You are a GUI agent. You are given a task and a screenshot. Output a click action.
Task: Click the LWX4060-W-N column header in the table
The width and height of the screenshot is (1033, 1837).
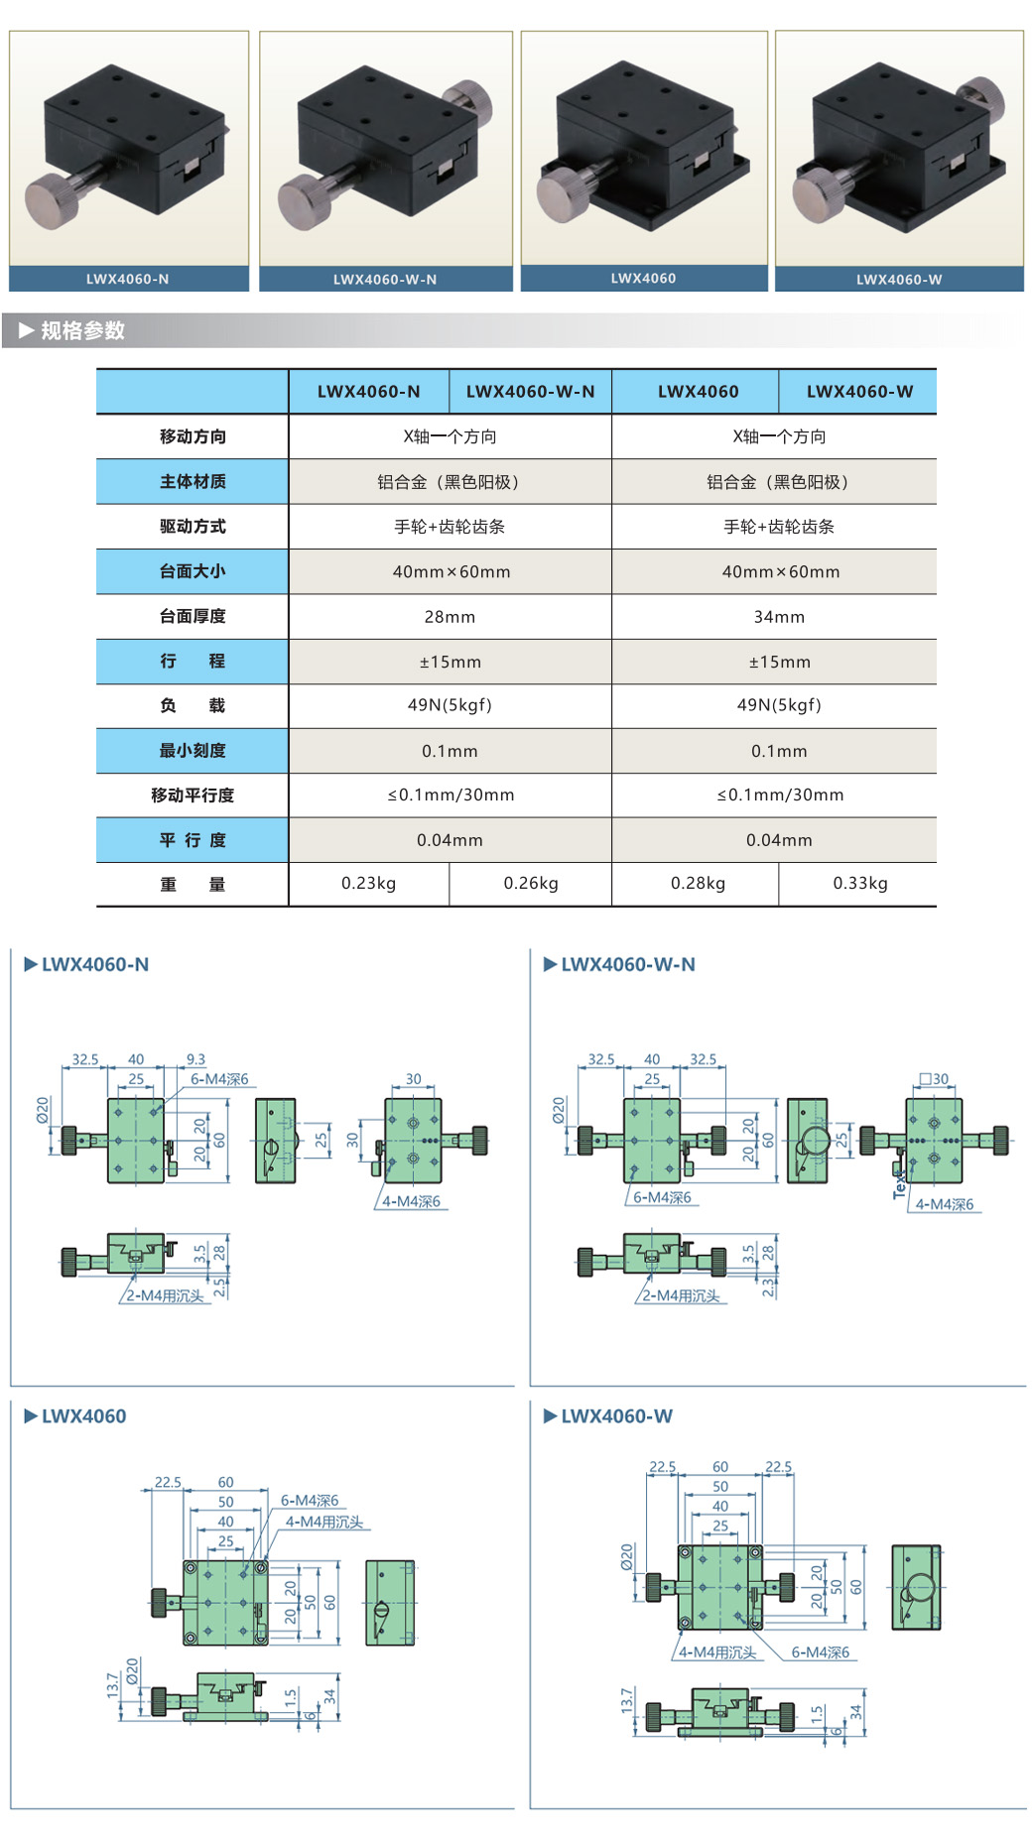[x=530, y=392]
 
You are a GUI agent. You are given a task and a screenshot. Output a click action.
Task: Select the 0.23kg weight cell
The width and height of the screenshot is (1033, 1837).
[x=368, y=884]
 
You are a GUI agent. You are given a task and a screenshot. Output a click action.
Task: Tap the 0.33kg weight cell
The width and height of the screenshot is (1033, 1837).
[x=859, y=884]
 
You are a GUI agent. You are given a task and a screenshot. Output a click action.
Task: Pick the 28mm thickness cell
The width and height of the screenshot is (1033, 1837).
[x=450, y=617]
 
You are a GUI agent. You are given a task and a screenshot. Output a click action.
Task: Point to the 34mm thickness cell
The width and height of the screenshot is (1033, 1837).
[x=779, y=617]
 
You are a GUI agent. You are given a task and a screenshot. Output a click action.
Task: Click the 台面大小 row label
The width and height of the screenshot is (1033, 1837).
[x=193, y=571]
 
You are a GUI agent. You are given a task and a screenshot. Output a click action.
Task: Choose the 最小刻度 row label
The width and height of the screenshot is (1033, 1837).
[x=193, y=751]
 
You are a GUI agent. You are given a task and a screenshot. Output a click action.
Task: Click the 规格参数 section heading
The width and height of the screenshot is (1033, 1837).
[x=82, y=331]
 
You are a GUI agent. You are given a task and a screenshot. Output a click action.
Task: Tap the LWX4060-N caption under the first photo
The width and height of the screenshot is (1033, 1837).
[x=127, y=280]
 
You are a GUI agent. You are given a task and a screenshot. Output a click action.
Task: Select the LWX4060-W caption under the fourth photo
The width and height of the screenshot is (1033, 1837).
[x=899, y=280]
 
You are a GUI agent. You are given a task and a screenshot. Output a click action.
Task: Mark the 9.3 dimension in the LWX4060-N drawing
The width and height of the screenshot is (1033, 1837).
[x=195, y=1059]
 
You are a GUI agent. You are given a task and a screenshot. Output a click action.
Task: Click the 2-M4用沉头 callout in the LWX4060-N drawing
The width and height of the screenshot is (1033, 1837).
[x=165, y=1295]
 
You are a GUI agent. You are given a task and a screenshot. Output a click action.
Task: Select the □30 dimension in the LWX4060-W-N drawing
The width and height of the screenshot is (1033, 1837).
[x=934, y=1079]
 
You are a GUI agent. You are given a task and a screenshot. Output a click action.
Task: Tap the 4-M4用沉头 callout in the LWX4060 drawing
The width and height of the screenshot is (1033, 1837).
[x=324, y=1522]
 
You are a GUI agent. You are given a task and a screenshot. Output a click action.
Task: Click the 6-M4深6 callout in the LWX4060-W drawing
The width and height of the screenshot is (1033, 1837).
[x=820, y=1653]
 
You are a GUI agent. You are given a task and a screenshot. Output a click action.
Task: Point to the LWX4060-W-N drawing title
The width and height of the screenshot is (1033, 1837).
[x=627, y=964]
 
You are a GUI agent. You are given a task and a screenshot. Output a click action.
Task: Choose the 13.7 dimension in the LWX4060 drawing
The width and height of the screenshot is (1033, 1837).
[x=112, y=1683]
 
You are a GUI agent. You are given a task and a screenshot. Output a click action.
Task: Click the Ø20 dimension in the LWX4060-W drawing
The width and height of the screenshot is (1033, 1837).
[x=627, y=1556]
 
